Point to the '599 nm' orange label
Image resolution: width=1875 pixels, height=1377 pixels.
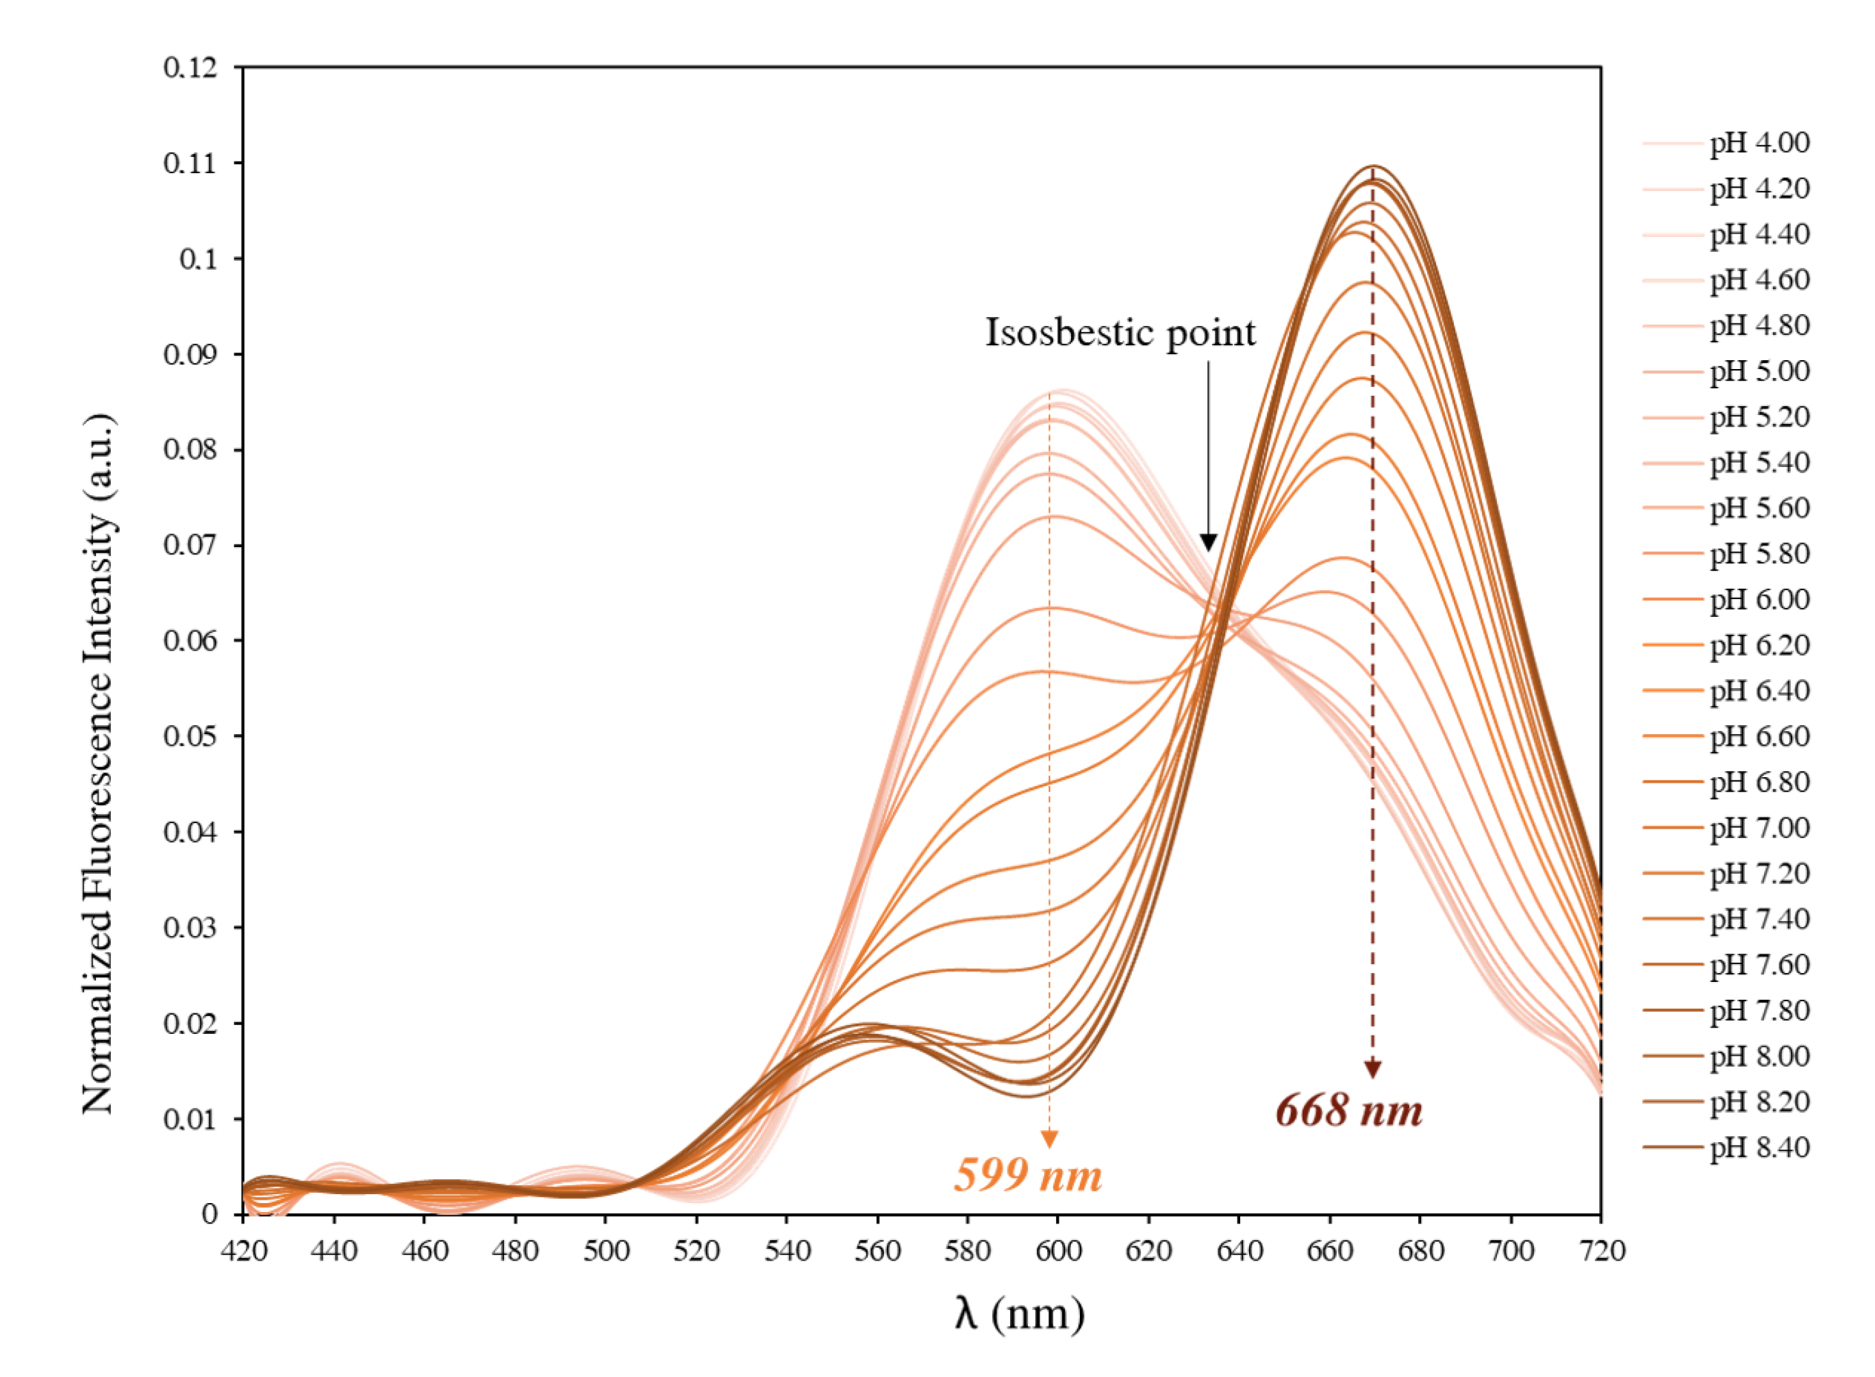coord(1028,1174)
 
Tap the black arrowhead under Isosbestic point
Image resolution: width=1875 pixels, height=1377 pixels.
coord(1208,542)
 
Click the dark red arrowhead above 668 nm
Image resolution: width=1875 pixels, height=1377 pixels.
coord(1372,1070)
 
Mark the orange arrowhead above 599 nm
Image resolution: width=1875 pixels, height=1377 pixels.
coord(1050,1139)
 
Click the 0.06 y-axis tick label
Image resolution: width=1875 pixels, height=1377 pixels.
coord(190,640)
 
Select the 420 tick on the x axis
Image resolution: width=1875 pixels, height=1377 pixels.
coord(243,1250)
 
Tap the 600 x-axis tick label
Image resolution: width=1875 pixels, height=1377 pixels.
coord(1058,1250)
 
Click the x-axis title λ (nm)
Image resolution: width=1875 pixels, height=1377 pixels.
coord(1019,1313)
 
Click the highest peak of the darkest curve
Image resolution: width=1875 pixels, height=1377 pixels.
coord(1373,166)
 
